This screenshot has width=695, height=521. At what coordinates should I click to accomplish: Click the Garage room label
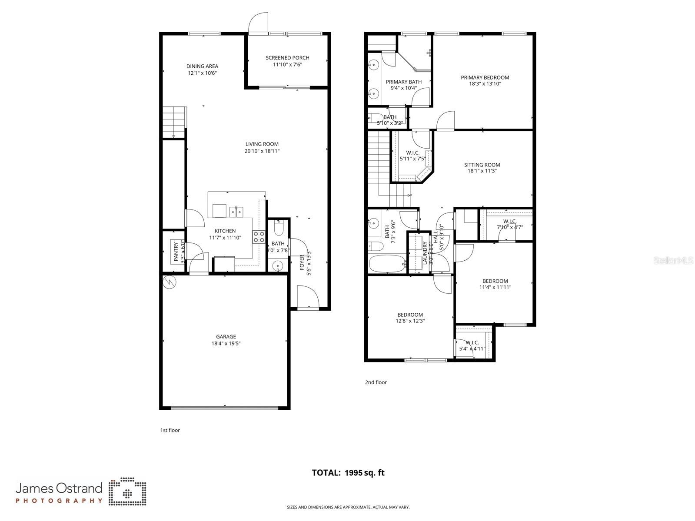coord(226,336)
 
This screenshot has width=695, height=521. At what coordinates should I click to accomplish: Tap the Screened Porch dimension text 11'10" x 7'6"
coord(287,65)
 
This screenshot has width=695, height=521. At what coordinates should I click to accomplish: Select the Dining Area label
coord(202,66)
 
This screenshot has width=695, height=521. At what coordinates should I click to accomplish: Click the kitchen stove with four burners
coord(259,237)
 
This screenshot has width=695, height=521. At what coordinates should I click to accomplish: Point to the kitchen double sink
coord(236,212)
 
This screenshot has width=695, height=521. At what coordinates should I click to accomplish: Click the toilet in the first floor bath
coord(279,228)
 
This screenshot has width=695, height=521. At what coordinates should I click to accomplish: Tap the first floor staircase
coord(174,121)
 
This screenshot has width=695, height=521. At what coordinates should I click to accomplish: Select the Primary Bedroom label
coord(485,77)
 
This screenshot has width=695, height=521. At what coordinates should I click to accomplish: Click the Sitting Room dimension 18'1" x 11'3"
coord(482,171)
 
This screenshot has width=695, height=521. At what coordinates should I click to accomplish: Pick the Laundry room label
coord(425,253)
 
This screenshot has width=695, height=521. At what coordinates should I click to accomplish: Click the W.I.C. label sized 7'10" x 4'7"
coord(509,221)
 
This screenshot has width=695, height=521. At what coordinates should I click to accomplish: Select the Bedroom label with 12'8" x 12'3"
coord(410,315)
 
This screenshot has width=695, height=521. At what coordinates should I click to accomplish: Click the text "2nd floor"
coord(376,382)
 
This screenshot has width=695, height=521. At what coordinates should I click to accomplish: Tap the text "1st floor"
coord(170,430)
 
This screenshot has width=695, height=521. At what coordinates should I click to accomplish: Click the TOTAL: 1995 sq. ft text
coord(348,473)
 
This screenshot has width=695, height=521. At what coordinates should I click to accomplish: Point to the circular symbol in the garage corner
coord(169,282)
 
